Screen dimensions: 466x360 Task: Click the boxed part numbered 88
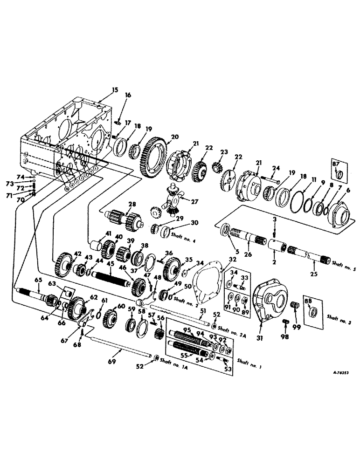point(312,309)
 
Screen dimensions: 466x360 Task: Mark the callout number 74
point(20,177)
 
